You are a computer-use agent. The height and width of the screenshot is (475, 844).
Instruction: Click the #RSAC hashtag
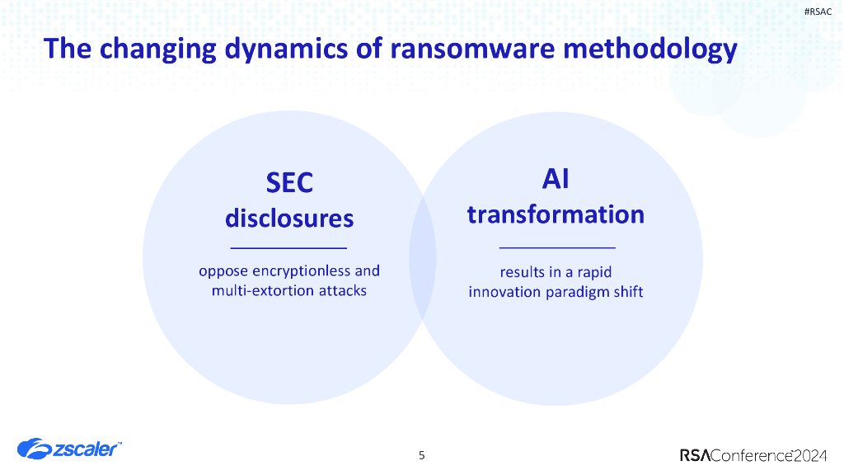(817, 11)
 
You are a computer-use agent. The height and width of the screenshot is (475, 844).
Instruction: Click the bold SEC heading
(289, 181)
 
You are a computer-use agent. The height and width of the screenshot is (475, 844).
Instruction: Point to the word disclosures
(289, 219)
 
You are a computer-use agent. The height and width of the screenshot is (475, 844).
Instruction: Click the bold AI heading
(556, 177)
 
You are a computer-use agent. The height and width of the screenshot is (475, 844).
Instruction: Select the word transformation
(556, 214)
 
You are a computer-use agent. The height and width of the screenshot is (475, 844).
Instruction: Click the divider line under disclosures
(289, 247)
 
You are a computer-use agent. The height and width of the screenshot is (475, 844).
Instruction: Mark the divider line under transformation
(557, 247)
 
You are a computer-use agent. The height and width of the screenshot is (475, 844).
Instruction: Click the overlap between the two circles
(423, 257)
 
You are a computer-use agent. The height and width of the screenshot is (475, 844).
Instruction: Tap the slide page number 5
(422, 455)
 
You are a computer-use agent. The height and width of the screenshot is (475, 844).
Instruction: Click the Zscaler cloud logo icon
(34, 449)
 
